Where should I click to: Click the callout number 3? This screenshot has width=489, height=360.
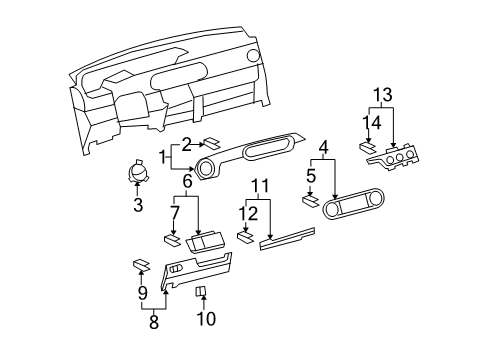coord(138,205)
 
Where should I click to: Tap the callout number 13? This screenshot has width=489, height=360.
coord(382,95)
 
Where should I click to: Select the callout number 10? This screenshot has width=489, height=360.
coord(206,318)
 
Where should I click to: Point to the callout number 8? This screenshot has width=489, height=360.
coord(153,322)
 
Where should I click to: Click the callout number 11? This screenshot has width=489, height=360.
coord(260,186)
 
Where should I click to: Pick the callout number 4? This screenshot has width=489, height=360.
coord(324,147)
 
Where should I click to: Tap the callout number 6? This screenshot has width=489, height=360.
coord(187,182)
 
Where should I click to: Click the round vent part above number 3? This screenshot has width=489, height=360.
coord(138,170)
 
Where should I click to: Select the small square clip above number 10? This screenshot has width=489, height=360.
coord(200,291)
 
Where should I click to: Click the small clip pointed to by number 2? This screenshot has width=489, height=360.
coord(212,143)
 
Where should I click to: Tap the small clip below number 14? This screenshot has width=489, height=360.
coord(368,147)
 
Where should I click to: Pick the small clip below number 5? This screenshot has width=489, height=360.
coord(311,201)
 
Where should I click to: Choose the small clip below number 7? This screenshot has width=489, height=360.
coord(172,241)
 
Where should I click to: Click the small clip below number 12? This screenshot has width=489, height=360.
coord(245,238)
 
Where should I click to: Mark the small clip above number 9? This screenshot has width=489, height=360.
coord(142,265)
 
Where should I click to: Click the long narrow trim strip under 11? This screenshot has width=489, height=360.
coord(287,239)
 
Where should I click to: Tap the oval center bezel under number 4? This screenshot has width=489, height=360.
coord(354,204)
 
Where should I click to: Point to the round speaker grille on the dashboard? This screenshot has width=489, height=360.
coord(253,56)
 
